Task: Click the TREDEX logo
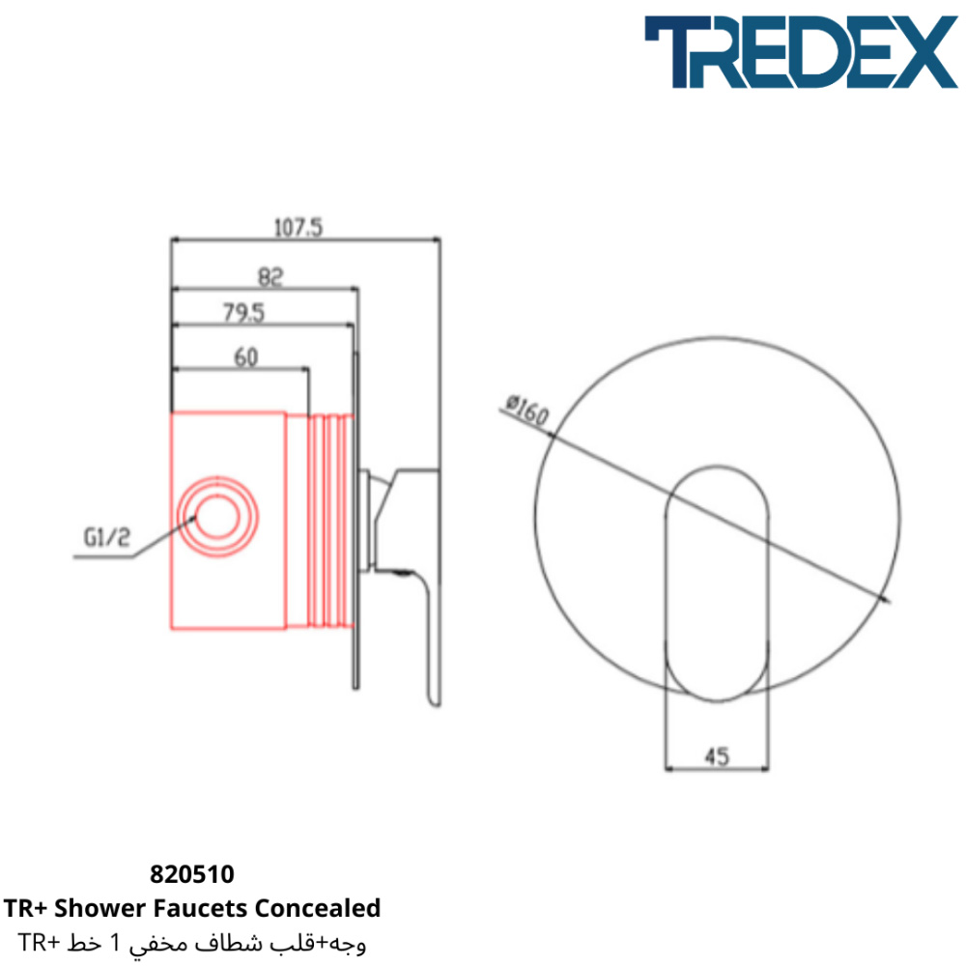click(x=801, y=52)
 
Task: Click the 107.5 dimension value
click(x=298, y=228)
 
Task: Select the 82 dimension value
click(x=270, y=277)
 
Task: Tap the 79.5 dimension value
click(x=244, y=313)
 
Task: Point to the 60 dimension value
click(x=245, y=357)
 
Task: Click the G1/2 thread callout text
click(x=107, y=537)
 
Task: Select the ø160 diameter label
click(x=526, y=411)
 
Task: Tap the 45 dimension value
click(x=717, y=756)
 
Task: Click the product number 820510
click(x=192, y=874)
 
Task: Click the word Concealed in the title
click(x=318, y=908)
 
